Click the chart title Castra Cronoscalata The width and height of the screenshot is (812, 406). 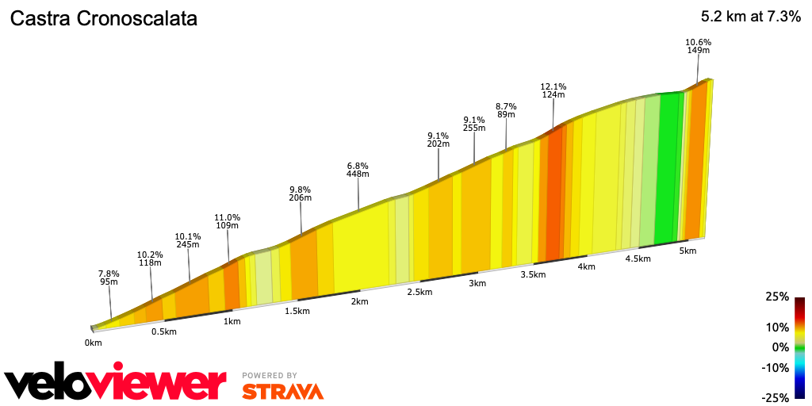(x=103, y=18)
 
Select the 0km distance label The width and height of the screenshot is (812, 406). (x=94, y=343)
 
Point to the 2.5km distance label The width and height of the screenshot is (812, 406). (x=419, y=292)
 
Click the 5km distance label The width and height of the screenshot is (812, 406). (x=688, y=251)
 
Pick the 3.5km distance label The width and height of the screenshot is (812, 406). (x=533, y=274)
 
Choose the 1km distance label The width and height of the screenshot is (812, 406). (x=232, y=321)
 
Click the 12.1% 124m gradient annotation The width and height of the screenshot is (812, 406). (x=553, y=90)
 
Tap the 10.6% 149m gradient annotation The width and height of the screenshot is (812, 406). (x=698, y=46)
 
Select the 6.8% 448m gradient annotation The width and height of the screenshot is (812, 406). (x=358, y=170)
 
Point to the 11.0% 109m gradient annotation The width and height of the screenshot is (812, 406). (x=228, y=221)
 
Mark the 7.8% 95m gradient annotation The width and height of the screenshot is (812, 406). (x=109, y=277)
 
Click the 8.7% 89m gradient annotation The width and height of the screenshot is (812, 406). (x=506, y=110)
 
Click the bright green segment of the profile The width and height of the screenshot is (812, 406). (x=668, y=167)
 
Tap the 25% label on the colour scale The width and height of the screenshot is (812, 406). (x=778, y=297)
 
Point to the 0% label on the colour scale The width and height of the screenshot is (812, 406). (x=781, y=347)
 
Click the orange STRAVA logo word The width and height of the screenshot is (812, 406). (x=282, y=391)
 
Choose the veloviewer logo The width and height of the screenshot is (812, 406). (x=116, y=383)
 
